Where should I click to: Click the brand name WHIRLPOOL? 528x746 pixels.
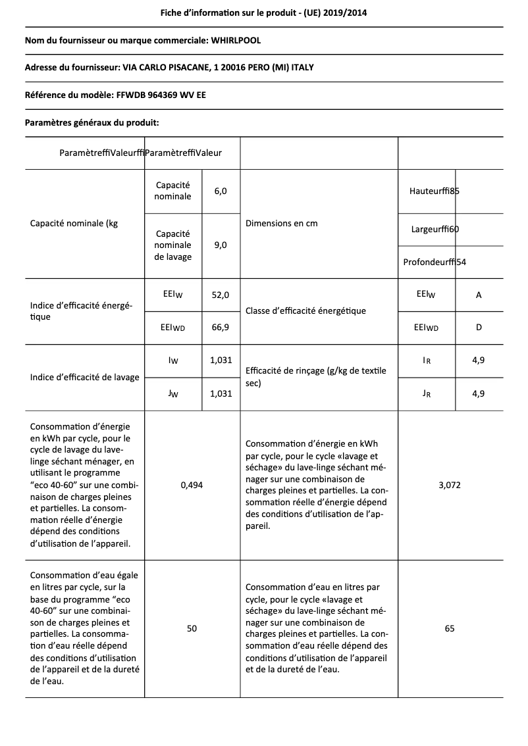[x=236, y=40]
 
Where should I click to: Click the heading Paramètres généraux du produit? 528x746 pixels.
[x=92, y=122]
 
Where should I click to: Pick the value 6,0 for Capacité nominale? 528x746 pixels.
[x=221, y=191]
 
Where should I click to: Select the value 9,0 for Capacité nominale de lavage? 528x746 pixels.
[x=221, y=245]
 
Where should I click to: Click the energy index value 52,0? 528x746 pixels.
[x=221, y=295]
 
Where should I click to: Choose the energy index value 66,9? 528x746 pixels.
[x=221, y=327]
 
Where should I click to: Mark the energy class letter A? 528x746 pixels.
[x=479, y=295]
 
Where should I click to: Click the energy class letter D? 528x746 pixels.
[x=479, y=327]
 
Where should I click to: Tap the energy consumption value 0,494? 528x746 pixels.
[x=192, y=485]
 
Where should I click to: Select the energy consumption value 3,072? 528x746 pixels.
[x=450, y=485]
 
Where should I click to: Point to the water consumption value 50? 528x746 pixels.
[x=192, y=628]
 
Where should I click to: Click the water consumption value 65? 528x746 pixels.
[x=450, y=628]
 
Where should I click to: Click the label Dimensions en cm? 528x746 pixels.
[x=281, y=223]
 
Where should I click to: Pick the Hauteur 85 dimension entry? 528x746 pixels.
[x=434, y=191]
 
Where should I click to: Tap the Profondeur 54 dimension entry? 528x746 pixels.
[x=435, y=262]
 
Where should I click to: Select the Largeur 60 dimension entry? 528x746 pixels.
[x=435, y=229]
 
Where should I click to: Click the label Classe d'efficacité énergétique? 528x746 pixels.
[x=305, y=311]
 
